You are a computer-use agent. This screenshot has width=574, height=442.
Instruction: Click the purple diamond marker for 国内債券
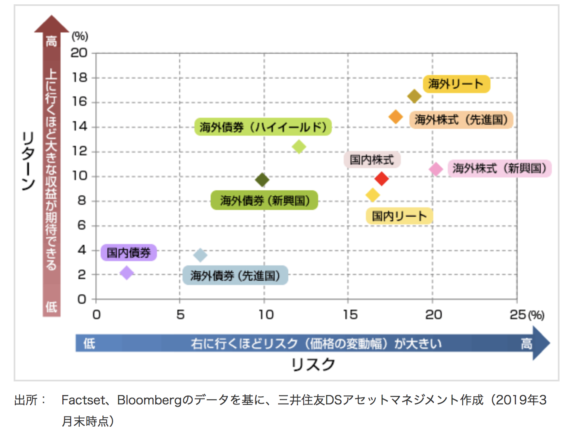127,273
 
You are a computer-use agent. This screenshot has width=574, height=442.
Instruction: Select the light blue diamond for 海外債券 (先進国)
200,255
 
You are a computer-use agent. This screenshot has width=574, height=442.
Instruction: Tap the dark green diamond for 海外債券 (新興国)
262,180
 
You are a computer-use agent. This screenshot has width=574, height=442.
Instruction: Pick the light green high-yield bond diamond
299,147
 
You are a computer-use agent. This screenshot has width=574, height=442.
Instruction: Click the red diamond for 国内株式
381,178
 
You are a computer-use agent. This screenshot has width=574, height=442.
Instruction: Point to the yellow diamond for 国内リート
373,195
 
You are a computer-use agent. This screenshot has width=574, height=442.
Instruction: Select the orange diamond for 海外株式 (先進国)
396,116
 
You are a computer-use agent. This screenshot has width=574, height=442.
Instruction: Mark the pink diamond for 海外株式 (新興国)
436,169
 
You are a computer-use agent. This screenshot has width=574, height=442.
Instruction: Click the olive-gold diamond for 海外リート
414,96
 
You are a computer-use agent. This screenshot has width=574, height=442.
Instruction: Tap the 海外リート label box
456,84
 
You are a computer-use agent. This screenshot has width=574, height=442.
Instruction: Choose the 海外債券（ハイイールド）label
263,127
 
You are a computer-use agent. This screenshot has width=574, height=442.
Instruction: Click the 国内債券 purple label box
128,253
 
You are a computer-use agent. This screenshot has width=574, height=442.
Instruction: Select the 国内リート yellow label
399,216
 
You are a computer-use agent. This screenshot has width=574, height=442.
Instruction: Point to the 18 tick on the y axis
79,78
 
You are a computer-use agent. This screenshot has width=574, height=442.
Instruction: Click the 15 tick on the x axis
350,315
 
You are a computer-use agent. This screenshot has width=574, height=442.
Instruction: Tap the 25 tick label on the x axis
518,315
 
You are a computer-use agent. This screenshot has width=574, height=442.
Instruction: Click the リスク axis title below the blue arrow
313,365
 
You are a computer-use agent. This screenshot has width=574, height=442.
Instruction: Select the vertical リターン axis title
28,161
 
